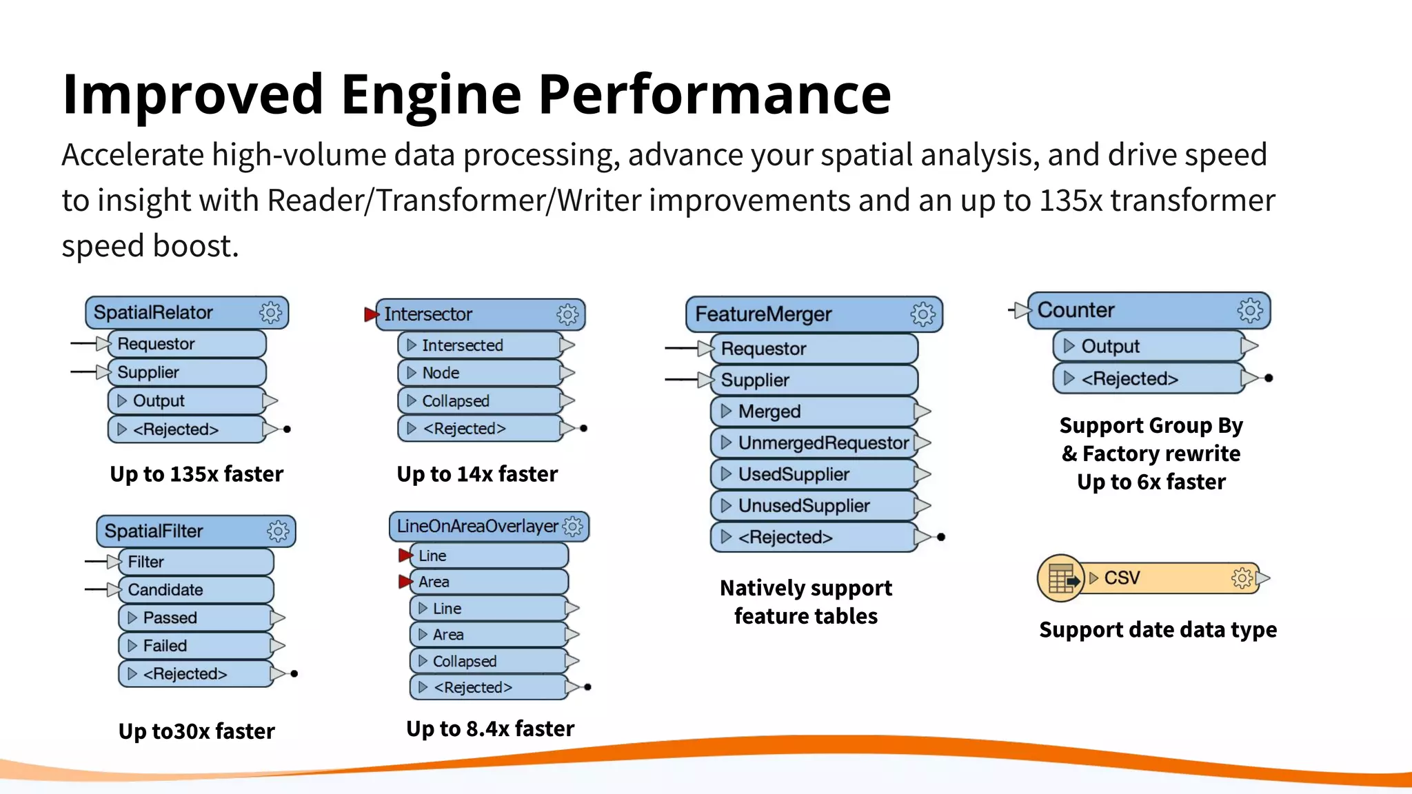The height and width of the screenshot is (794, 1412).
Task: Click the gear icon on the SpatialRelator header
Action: coord(270,313)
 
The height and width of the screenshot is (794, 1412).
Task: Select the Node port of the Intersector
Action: coord(480,373)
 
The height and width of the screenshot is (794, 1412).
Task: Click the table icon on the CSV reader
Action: coord(1061,578)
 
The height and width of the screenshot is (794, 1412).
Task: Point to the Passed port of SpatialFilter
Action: coord(196,618)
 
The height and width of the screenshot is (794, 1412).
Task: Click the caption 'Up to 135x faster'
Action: coord(196,474)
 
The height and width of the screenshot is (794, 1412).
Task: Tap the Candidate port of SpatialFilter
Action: coord(196,590)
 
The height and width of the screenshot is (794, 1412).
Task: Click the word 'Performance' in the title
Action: coord(714,94)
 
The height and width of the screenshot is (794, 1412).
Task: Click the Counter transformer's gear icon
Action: coord(1250,311)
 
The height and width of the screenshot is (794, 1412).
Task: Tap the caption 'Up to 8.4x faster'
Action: coord(490,729)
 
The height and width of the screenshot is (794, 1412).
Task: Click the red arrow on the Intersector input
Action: coord(371,314)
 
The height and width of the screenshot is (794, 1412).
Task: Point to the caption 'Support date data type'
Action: coord(1158,630)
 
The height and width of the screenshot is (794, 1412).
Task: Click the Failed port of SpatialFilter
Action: coord(196,646)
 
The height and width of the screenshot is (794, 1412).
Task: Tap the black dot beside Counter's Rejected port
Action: coord(1269,378)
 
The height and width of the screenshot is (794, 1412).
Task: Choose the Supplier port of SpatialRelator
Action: coord(186,372)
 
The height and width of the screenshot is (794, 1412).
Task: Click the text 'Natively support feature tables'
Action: coord(806,602)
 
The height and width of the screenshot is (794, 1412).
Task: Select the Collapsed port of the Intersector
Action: coord(480,401)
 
